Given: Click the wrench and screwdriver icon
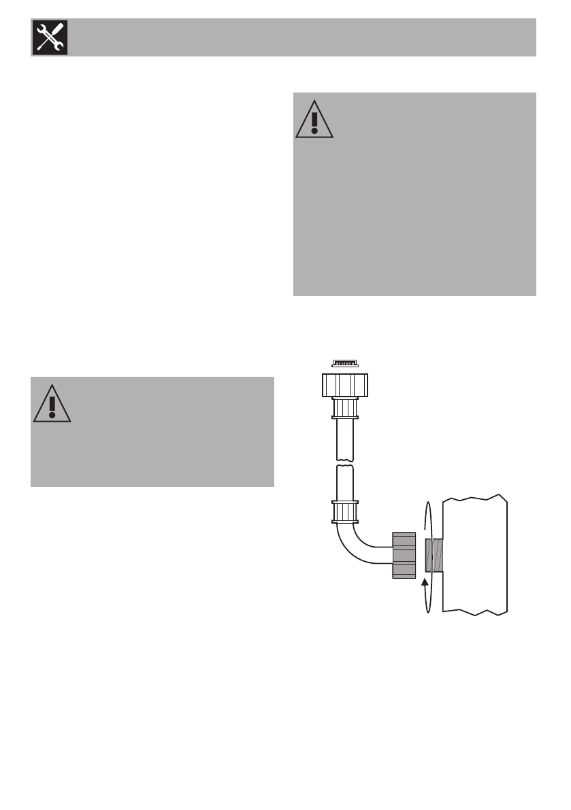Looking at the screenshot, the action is pos(48,37).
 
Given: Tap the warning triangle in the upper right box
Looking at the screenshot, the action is pos(314,119).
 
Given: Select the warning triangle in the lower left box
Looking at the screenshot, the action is pos(51,404).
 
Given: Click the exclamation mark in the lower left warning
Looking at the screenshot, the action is pos(51,406).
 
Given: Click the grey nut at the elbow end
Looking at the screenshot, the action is pos(404,556).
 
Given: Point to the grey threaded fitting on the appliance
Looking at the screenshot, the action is pos(434,555).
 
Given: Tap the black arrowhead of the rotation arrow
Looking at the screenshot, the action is pos(427,581).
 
